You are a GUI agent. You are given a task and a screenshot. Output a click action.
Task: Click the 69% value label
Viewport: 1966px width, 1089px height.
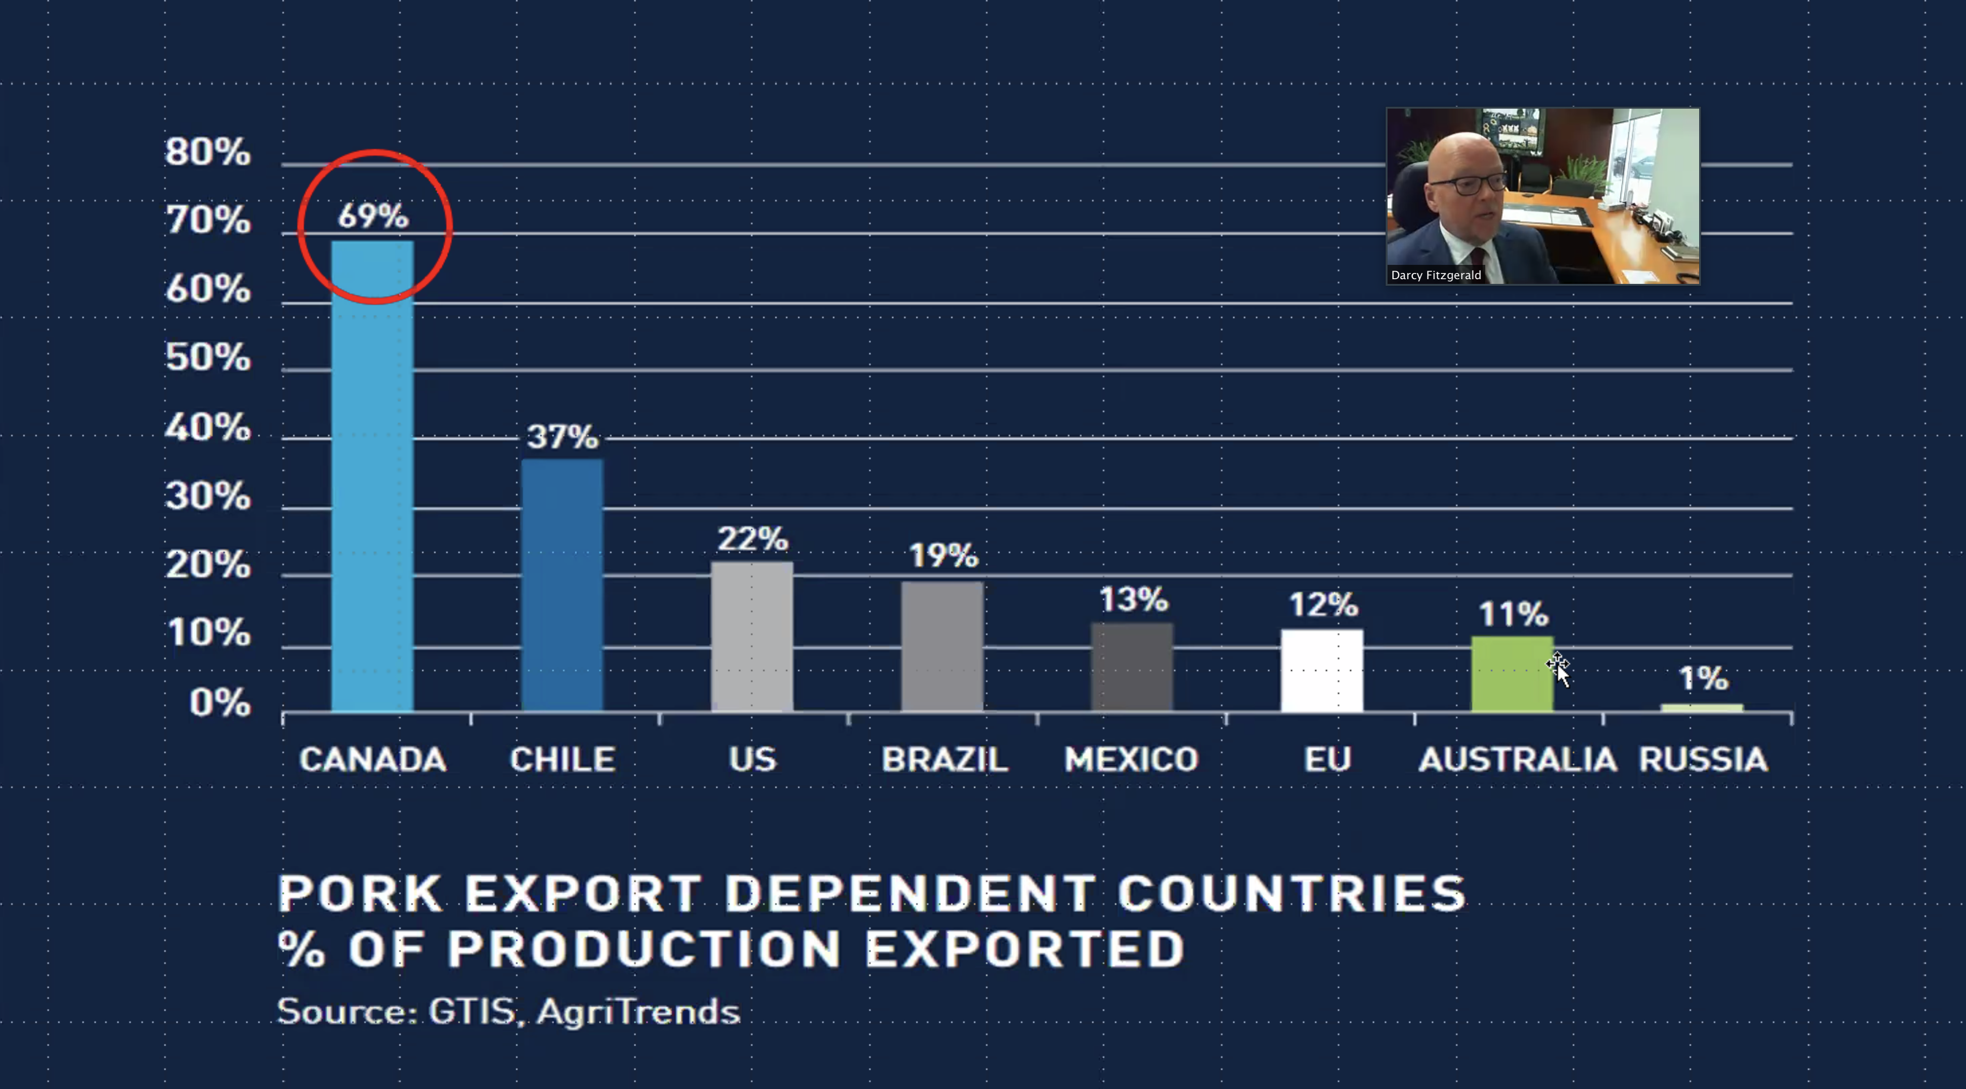373,216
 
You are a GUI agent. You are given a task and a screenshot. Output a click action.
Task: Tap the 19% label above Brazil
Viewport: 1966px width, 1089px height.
943,555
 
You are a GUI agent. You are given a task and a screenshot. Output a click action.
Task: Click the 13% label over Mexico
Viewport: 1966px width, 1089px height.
1134,600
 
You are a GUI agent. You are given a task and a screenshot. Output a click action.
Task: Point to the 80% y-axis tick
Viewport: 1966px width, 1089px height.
208,152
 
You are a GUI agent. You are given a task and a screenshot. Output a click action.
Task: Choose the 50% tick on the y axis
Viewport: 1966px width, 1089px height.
208,358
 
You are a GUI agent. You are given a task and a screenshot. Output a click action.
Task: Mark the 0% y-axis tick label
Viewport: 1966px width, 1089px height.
220,703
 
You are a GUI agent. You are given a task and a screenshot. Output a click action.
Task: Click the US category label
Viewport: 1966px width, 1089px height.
752,759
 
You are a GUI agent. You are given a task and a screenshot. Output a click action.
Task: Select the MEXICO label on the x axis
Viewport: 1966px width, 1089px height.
1132,759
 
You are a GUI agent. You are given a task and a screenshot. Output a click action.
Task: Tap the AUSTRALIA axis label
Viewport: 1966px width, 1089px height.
1517,759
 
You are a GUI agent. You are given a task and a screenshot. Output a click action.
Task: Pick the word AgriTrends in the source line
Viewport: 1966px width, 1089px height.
638,1012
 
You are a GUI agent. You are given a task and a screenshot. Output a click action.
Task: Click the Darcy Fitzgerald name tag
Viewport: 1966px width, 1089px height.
1436,275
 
